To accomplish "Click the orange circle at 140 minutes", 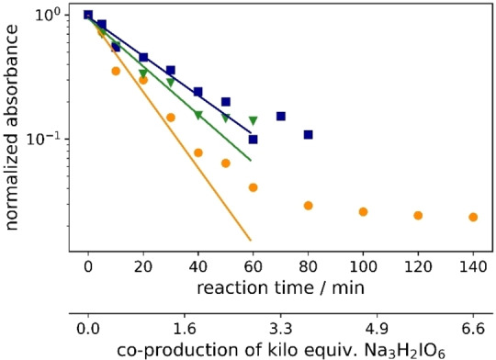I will tap(473, 217).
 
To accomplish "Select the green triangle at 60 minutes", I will tap(254, 121).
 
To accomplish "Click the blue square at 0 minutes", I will tap(88, 15).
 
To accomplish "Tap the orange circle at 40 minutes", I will tap(198, 152).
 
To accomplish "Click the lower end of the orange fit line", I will tap(250, 241).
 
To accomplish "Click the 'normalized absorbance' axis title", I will tap(16, 129).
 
